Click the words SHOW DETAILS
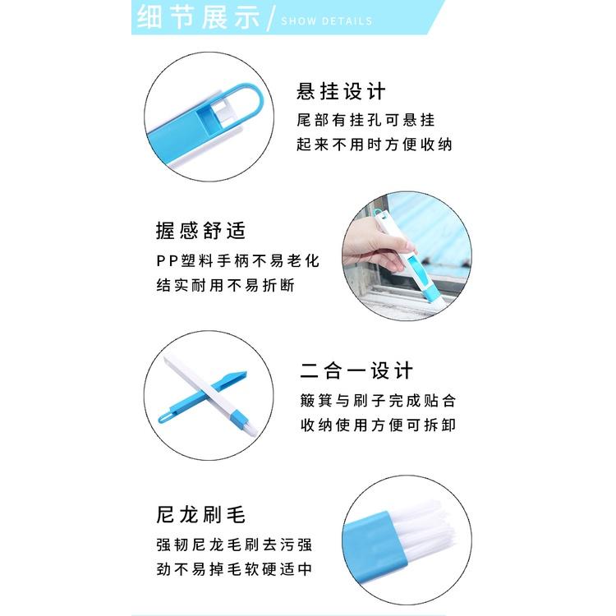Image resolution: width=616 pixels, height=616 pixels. click(326, 21)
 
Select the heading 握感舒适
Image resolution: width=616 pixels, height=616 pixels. click(200, 231)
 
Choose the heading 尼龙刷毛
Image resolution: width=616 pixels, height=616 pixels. click(200, 515)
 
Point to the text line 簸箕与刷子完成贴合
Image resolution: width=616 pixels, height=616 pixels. click(377, 401)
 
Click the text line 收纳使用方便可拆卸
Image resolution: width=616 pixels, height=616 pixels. click(377, 425)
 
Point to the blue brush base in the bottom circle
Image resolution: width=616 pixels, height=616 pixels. click(375, 534)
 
